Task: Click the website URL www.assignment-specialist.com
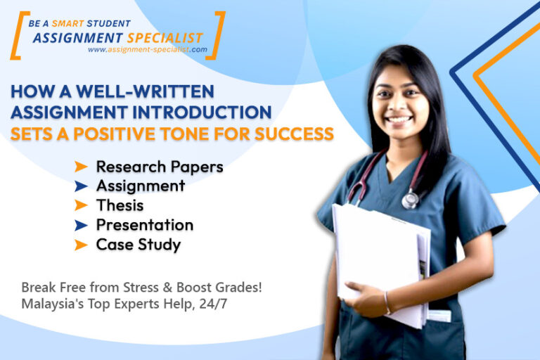tap(147, 50)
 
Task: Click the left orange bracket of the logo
tap(16, 34)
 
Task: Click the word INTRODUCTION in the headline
tap(205, 112)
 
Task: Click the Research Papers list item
tap(160, 167)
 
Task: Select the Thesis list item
tap(120, 205)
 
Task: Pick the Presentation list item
tap(144, 225)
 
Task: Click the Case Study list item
tap(138, 245)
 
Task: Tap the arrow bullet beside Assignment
tap(82, 186)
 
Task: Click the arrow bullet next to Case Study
tap(82, 245)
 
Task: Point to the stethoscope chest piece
tap(410, 201)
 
